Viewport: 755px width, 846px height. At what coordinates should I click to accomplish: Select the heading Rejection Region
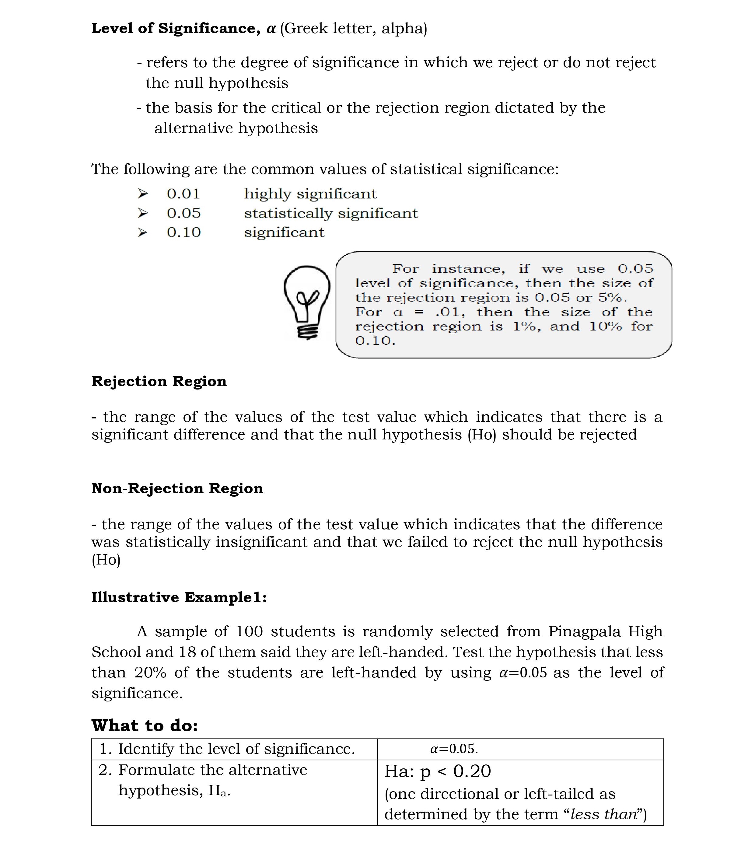click(159, 381)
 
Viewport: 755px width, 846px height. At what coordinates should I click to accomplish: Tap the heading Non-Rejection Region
click(177, 488)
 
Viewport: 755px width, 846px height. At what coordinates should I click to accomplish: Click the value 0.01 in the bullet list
click(184, 194)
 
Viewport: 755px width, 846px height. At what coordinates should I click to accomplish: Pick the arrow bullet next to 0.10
click(142, 233)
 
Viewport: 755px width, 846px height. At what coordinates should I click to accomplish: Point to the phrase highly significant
click(310, 194)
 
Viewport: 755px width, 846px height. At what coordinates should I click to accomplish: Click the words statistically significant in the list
click(330, 213)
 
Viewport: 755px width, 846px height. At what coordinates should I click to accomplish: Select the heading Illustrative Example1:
click(179, 597)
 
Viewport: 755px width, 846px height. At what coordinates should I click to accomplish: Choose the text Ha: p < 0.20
click(438, 771)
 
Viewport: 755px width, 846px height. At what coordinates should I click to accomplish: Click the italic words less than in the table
click(603, 814)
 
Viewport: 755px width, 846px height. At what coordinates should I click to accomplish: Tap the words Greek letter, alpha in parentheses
click(353, 29)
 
